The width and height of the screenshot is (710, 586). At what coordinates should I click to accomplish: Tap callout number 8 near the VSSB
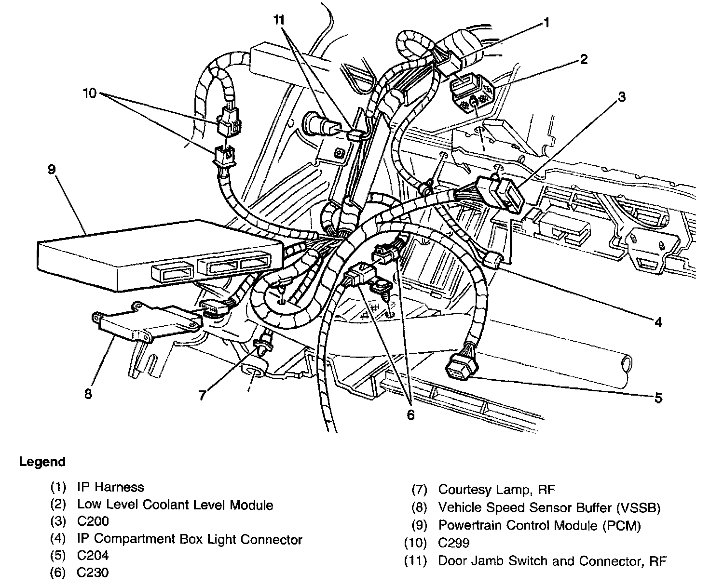(x=88, y=394)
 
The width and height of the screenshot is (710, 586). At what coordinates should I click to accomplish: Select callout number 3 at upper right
(x=622, y=97)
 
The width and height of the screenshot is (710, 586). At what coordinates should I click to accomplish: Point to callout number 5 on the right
(x=658, y=398)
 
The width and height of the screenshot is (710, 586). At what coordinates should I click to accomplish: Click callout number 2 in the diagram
(x=584, y=59)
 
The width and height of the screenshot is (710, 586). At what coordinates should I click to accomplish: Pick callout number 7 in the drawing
(x=202, y=395)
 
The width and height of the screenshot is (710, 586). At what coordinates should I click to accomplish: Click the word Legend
(x=42, y=462)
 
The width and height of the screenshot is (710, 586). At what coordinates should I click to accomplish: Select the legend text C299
(x=453, y=543)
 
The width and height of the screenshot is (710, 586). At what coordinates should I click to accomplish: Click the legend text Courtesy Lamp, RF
(x=496, y=490)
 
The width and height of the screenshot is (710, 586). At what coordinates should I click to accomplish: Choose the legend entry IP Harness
(x=110, y=487)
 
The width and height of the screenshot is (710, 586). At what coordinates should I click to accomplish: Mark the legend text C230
(x=93, y=573)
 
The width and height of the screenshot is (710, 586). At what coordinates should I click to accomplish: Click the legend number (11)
(x=415, y=561)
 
